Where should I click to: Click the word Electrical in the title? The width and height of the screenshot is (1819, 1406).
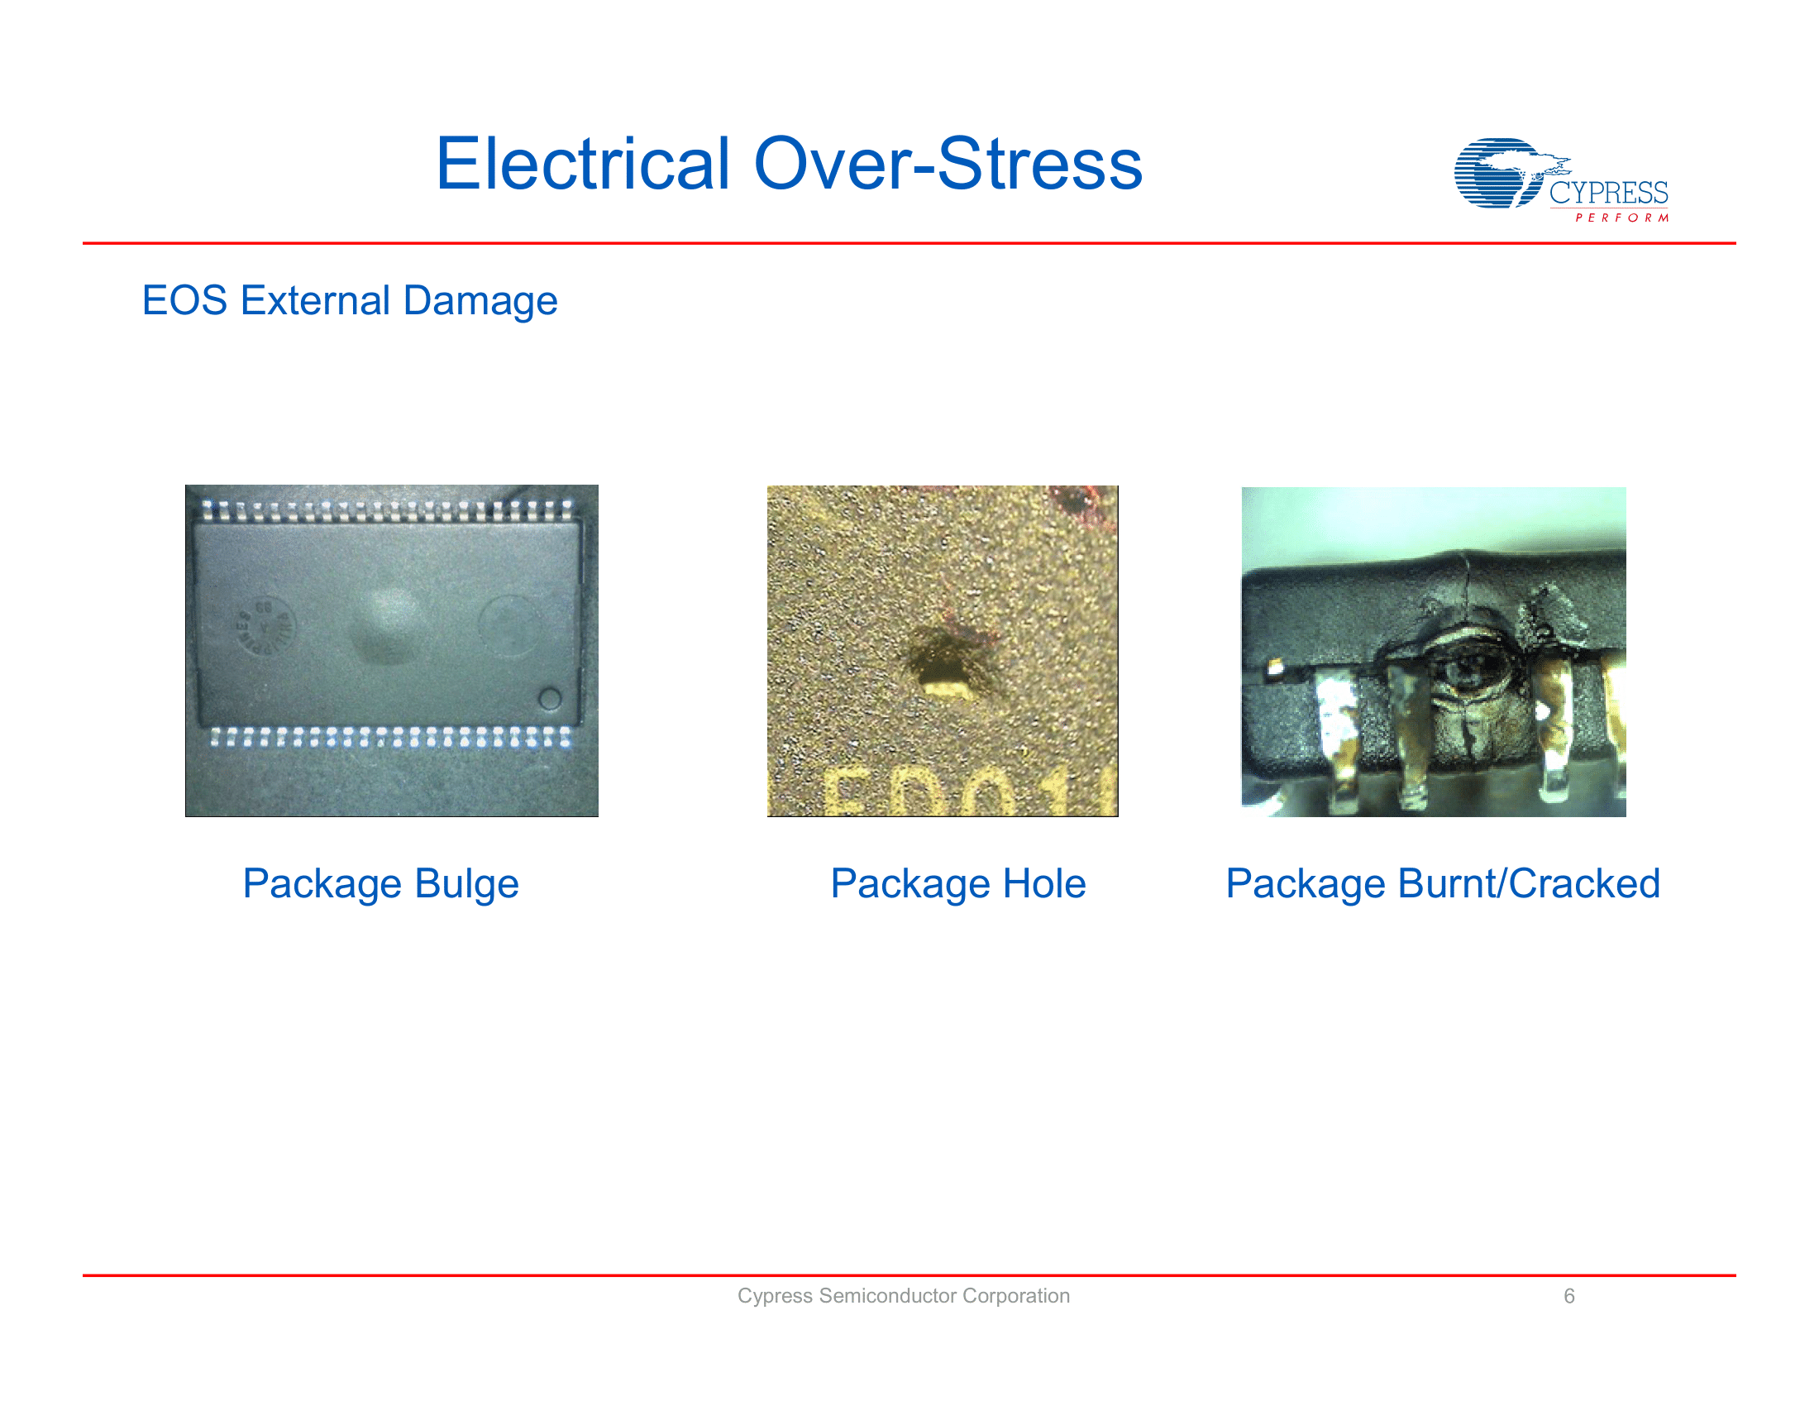[x=583, y=164]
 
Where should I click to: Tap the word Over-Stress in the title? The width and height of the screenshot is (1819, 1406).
[x=948, y=164]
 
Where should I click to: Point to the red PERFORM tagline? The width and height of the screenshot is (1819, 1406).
[x=1621, y=218]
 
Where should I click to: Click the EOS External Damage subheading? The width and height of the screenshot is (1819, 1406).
[x=350, y=301]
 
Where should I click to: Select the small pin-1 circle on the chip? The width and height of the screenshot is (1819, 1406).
[x=550, y=698]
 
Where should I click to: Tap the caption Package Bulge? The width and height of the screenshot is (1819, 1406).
[x=380, y=884]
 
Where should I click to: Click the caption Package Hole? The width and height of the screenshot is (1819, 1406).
[x=957, y=884]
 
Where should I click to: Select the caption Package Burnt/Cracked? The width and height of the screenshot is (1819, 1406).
[x=1443, y=884]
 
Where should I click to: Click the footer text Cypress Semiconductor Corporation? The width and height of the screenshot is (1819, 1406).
[x=903, y=1296]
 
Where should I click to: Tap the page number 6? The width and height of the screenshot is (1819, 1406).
[x=1568, y=1296]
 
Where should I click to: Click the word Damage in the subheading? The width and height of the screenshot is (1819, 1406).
[x=480, y=301]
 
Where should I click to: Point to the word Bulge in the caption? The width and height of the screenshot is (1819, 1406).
[x=466, y=884]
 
